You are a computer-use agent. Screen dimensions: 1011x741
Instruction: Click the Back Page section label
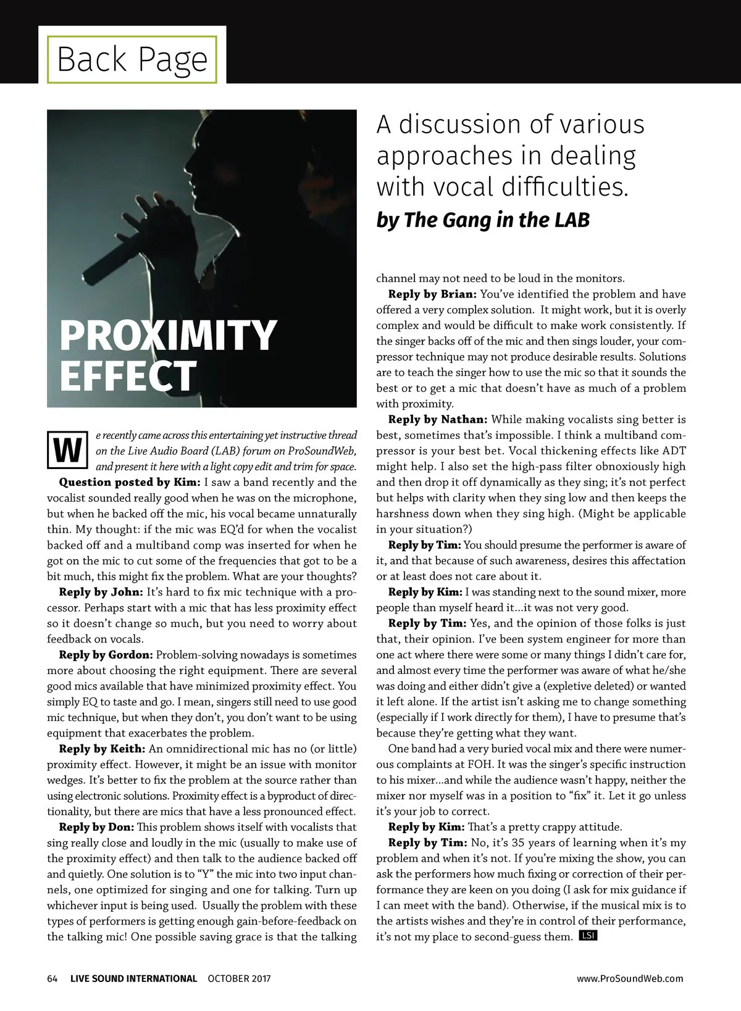pyautogui.click(x=132, y=59)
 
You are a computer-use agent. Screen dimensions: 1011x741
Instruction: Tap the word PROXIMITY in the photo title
pyautogui.click(x=168, y=335)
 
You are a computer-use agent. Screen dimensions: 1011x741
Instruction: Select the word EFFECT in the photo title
pyautogui.click(x=128, y=375)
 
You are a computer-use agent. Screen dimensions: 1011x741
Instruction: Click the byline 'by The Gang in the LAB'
pyautogui.click(x=482, y=220)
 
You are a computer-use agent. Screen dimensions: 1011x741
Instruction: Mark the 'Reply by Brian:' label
pyautogui.click(x=432, y=294)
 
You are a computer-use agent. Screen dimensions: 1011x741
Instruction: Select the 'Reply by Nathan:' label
pyautogui.click(x=438, y=420)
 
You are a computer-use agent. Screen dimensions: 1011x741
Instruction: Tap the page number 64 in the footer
pyautogui.click(x=52, y=978)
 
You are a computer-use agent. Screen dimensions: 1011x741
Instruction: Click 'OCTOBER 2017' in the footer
pyautogui.click(x=239, y=978)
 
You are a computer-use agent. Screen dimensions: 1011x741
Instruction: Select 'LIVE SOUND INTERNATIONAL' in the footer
pyautogui.click(x=133, y=978)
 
